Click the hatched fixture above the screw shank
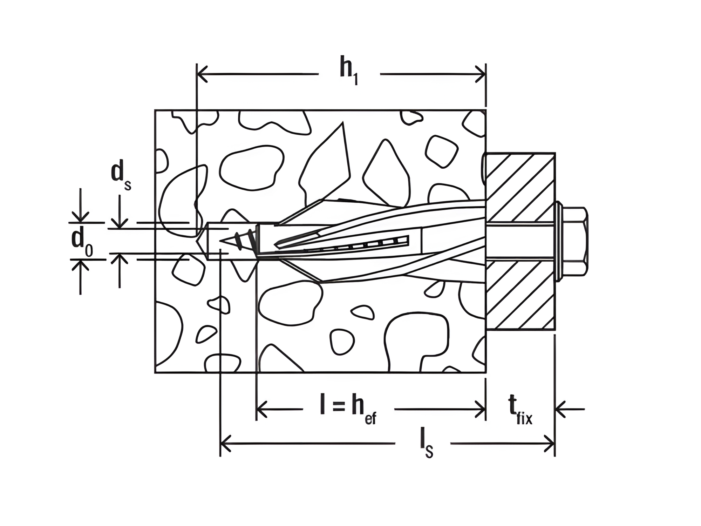(520, 188)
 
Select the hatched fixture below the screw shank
(520, 295)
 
